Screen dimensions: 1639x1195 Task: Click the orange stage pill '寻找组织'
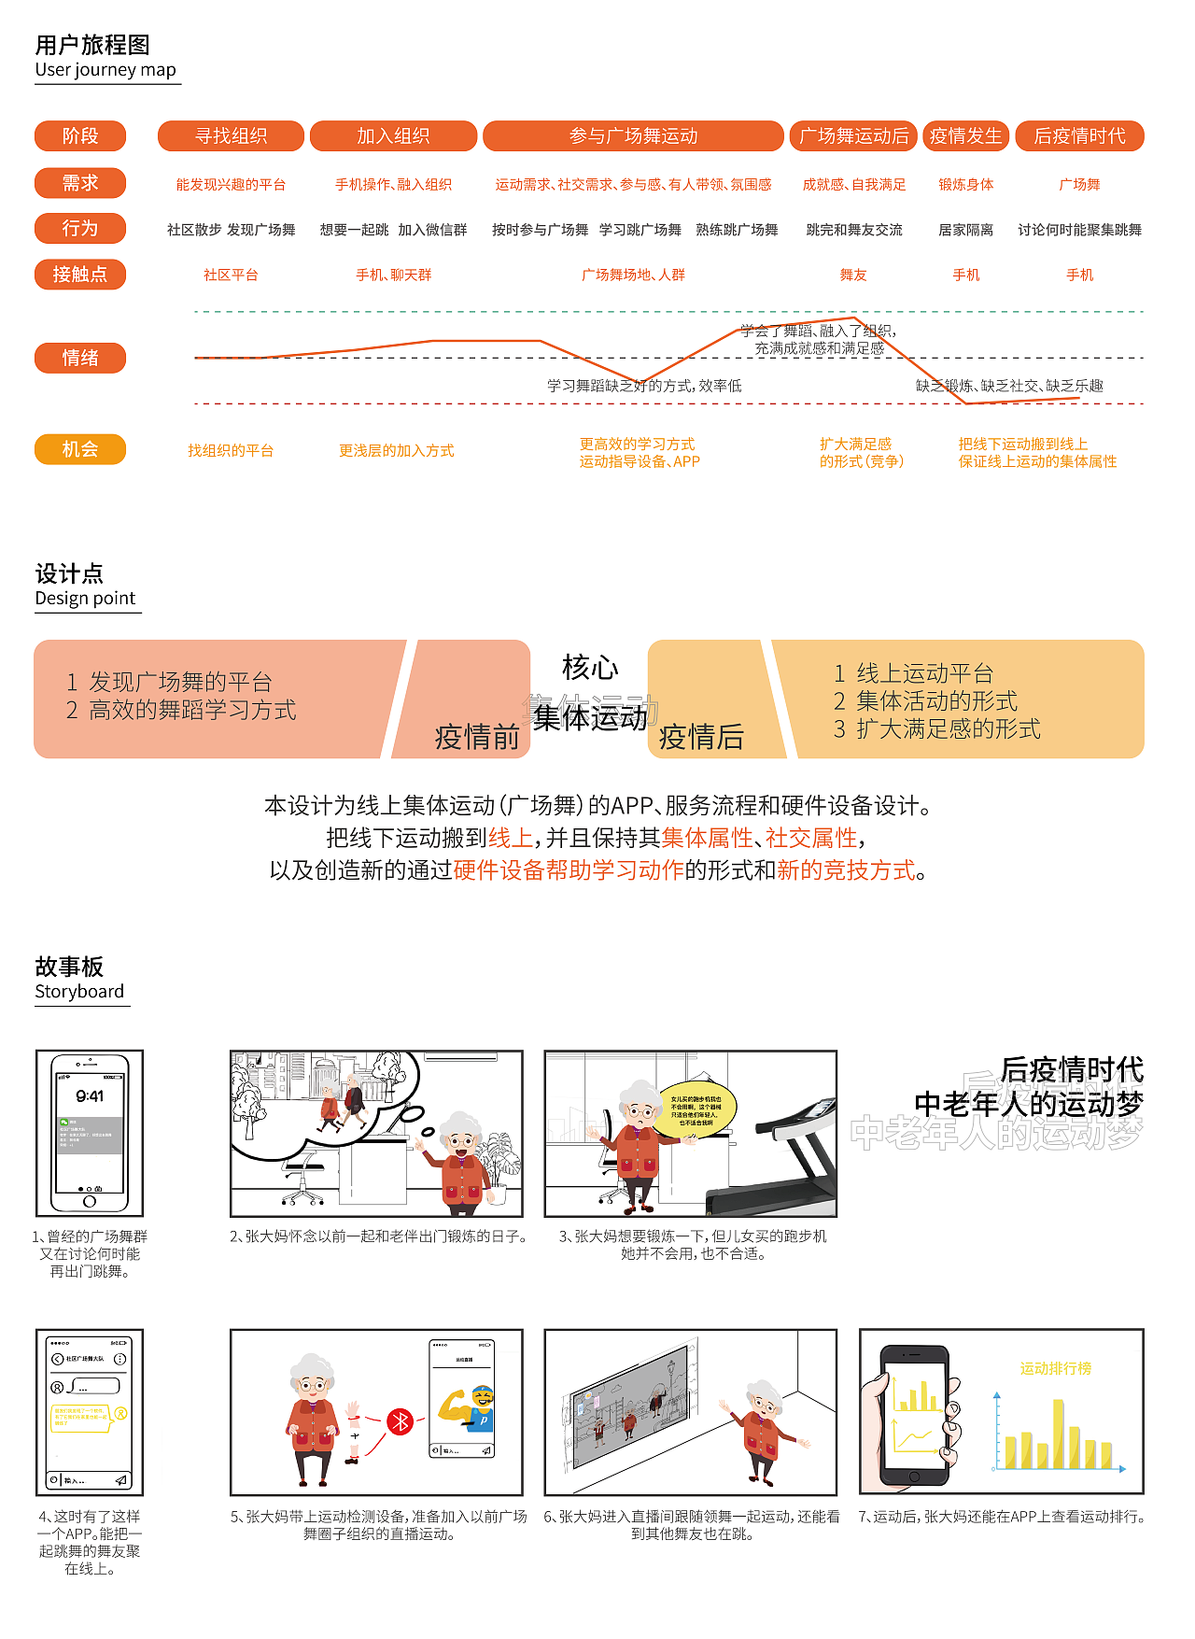231,136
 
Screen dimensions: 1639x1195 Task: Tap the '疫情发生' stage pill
965,136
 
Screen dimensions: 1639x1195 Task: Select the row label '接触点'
80,275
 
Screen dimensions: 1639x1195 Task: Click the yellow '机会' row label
80,449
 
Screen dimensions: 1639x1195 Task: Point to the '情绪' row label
80,358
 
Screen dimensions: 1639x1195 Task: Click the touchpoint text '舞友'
853,275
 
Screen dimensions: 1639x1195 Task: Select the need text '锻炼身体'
965,185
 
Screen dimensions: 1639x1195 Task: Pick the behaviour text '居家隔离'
965,230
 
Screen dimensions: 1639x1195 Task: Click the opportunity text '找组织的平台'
231,451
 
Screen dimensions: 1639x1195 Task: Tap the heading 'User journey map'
105,70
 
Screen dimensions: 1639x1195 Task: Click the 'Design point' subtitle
85,599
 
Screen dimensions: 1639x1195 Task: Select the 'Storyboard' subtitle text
79,992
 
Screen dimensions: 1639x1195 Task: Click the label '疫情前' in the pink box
476,737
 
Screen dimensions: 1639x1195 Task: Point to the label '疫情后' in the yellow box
701,737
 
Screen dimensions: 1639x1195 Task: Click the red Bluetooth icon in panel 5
400,1421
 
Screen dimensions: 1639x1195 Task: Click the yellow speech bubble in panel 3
696,1110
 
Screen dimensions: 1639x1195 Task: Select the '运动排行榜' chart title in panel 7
1055,1368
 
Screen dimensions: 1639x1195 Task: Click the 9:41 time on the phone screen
90,1096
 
